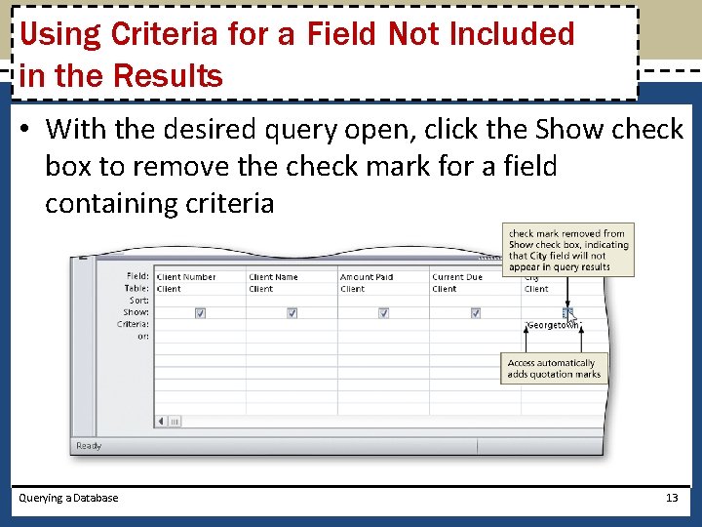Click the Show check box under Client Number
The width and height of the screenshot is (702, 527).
200,313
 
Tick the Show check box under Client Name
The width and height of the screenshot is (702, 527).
292,313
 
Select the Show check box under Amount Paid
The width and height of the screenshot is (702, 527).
383,313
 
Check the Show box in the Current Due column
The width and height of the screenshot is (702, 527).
475,313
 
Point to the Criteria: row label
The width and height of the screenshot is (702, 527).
133,324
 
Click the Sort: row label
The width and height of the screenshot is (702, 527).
137,301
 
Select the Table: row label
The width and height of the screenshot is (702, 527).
136,289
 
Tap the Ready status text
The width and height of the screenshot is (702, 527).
89,446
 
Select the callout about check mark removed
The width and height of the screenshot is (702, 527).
568,250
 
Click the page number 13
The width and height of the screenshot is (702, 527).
671,498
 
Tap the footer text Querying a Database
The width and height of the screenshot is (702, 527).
68,498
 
